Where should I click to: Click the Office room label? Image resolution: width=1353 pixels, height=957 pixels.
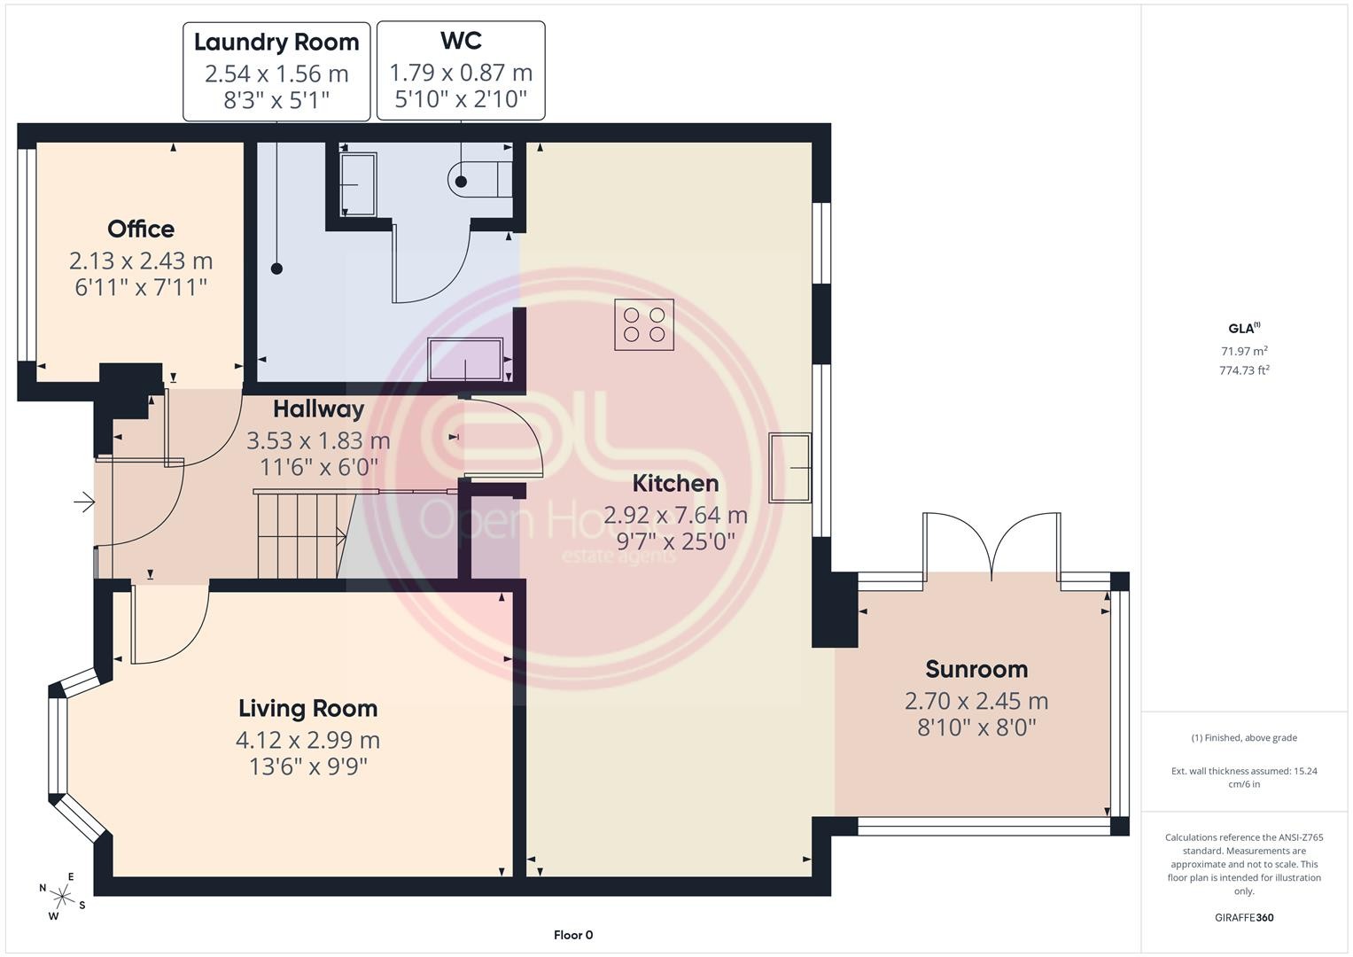pos(141,229)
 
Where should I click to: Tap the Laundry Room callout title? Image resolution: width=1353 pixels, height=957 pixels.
pos(276,43)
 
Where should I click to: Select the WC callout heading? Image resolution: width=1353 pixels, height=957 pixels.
pos(461,41)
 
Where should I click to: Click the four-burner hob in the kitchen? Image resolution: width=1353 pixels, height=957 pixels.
pos(644,324)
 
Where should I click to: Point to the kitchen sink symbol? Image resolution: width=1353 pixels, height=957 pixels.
pos(789,468)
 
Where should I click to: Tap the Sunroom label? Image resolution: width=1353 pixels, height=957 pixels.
pos(976,669)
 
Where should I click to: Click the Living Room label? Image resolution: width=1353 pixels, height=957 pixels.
pos(308,708)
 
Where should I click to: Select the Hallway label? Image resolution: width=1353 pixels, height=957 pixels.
pos(318,409)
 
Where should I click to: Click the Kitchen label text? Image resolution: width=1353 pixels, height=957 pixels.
pos(675,483)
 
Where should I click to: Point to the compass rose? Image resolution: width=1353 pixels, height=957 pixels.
pos(62,896)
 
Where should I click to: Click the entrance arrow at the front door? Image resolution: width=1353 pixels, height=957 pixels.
pos(84,502)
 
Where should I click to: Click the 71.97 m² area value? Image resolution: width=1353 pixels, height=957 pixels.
pos(1244,350)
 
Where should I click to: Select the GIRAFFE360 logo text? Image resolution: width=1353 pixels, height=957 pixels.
pos(1244,917)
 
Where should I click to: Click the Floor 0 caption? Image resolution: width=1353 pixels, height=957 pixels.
pos(573,935)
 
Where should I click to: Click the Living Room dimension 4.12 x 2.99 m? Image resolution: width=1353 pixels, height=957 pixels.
pos(308,740)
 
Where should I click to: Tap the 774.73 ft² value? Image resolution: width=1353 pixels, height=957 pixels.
pos(1244,370)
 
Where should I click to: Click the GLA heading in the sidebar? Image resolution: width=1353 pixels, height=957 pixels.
pos(1244,328)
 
